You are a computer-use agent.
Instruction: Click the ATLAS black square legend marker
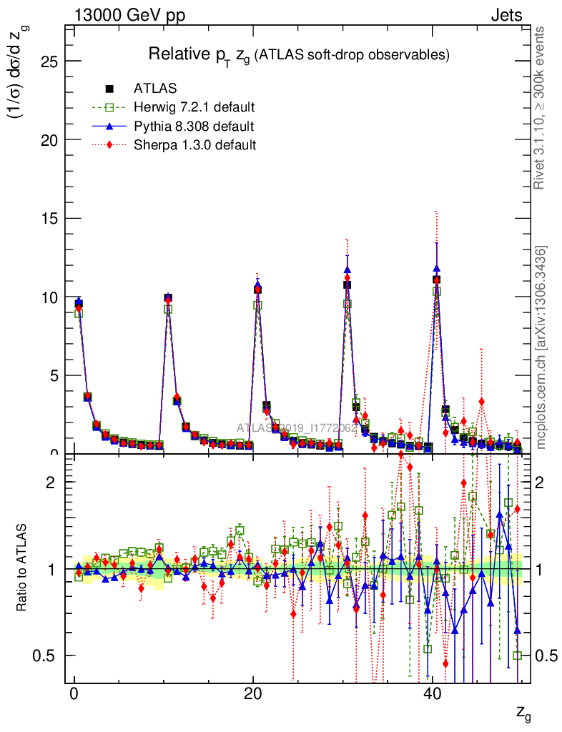(109, 89)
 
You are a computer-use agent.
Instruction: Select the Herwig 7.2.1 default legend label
(194, 108)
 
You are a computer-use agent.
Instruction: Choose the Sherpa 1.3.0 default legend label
(194, 145)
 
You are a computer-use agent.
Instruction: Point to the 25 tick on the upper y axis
(49, 61)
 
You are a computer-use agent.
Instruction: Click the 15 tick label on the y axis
(49, 219)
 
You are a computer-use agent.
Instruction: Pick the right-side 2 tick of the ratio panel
(543, 482)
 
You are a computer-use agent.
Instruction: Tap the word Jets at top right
(506, 15)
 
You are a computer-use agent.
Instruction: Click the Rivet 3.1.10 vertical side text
(541, 108)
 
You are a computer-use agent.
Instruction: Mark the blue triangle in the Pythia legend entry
(109, 127)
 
